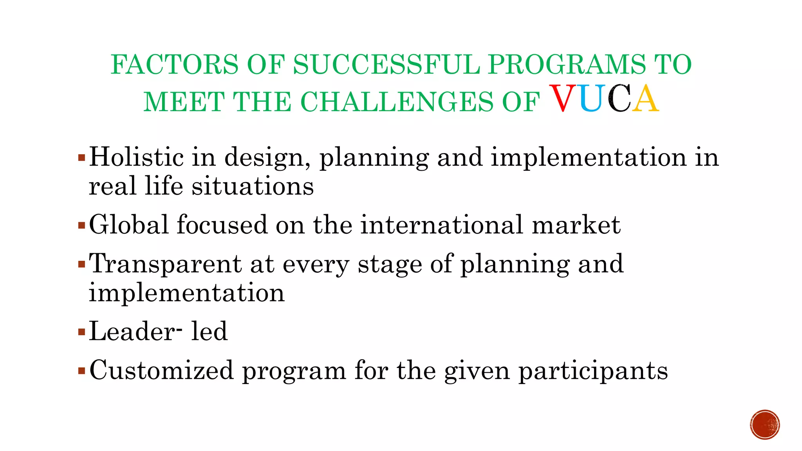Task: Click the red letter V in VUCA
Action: click(x=564, y=99)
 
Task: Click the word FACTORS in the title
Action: click(x=174, y=65)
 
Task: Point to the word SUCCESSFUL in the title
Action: click(x=386, y=65)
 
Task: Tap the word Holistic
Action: click(x=136, y=157)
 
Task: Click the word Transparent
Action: click(x=165, y=265)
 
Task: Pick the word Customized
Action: click(x=161, y=370)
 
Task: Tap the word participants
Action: click(x=593, y=371)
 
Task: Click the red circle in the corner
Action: click(x=765, y=424)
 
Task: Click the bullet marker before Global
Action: click(x=81, y=226)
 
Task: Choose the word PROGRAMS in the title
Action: click(x=567, y=65)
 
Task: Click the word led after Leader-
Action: click(x=209, y=331)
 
